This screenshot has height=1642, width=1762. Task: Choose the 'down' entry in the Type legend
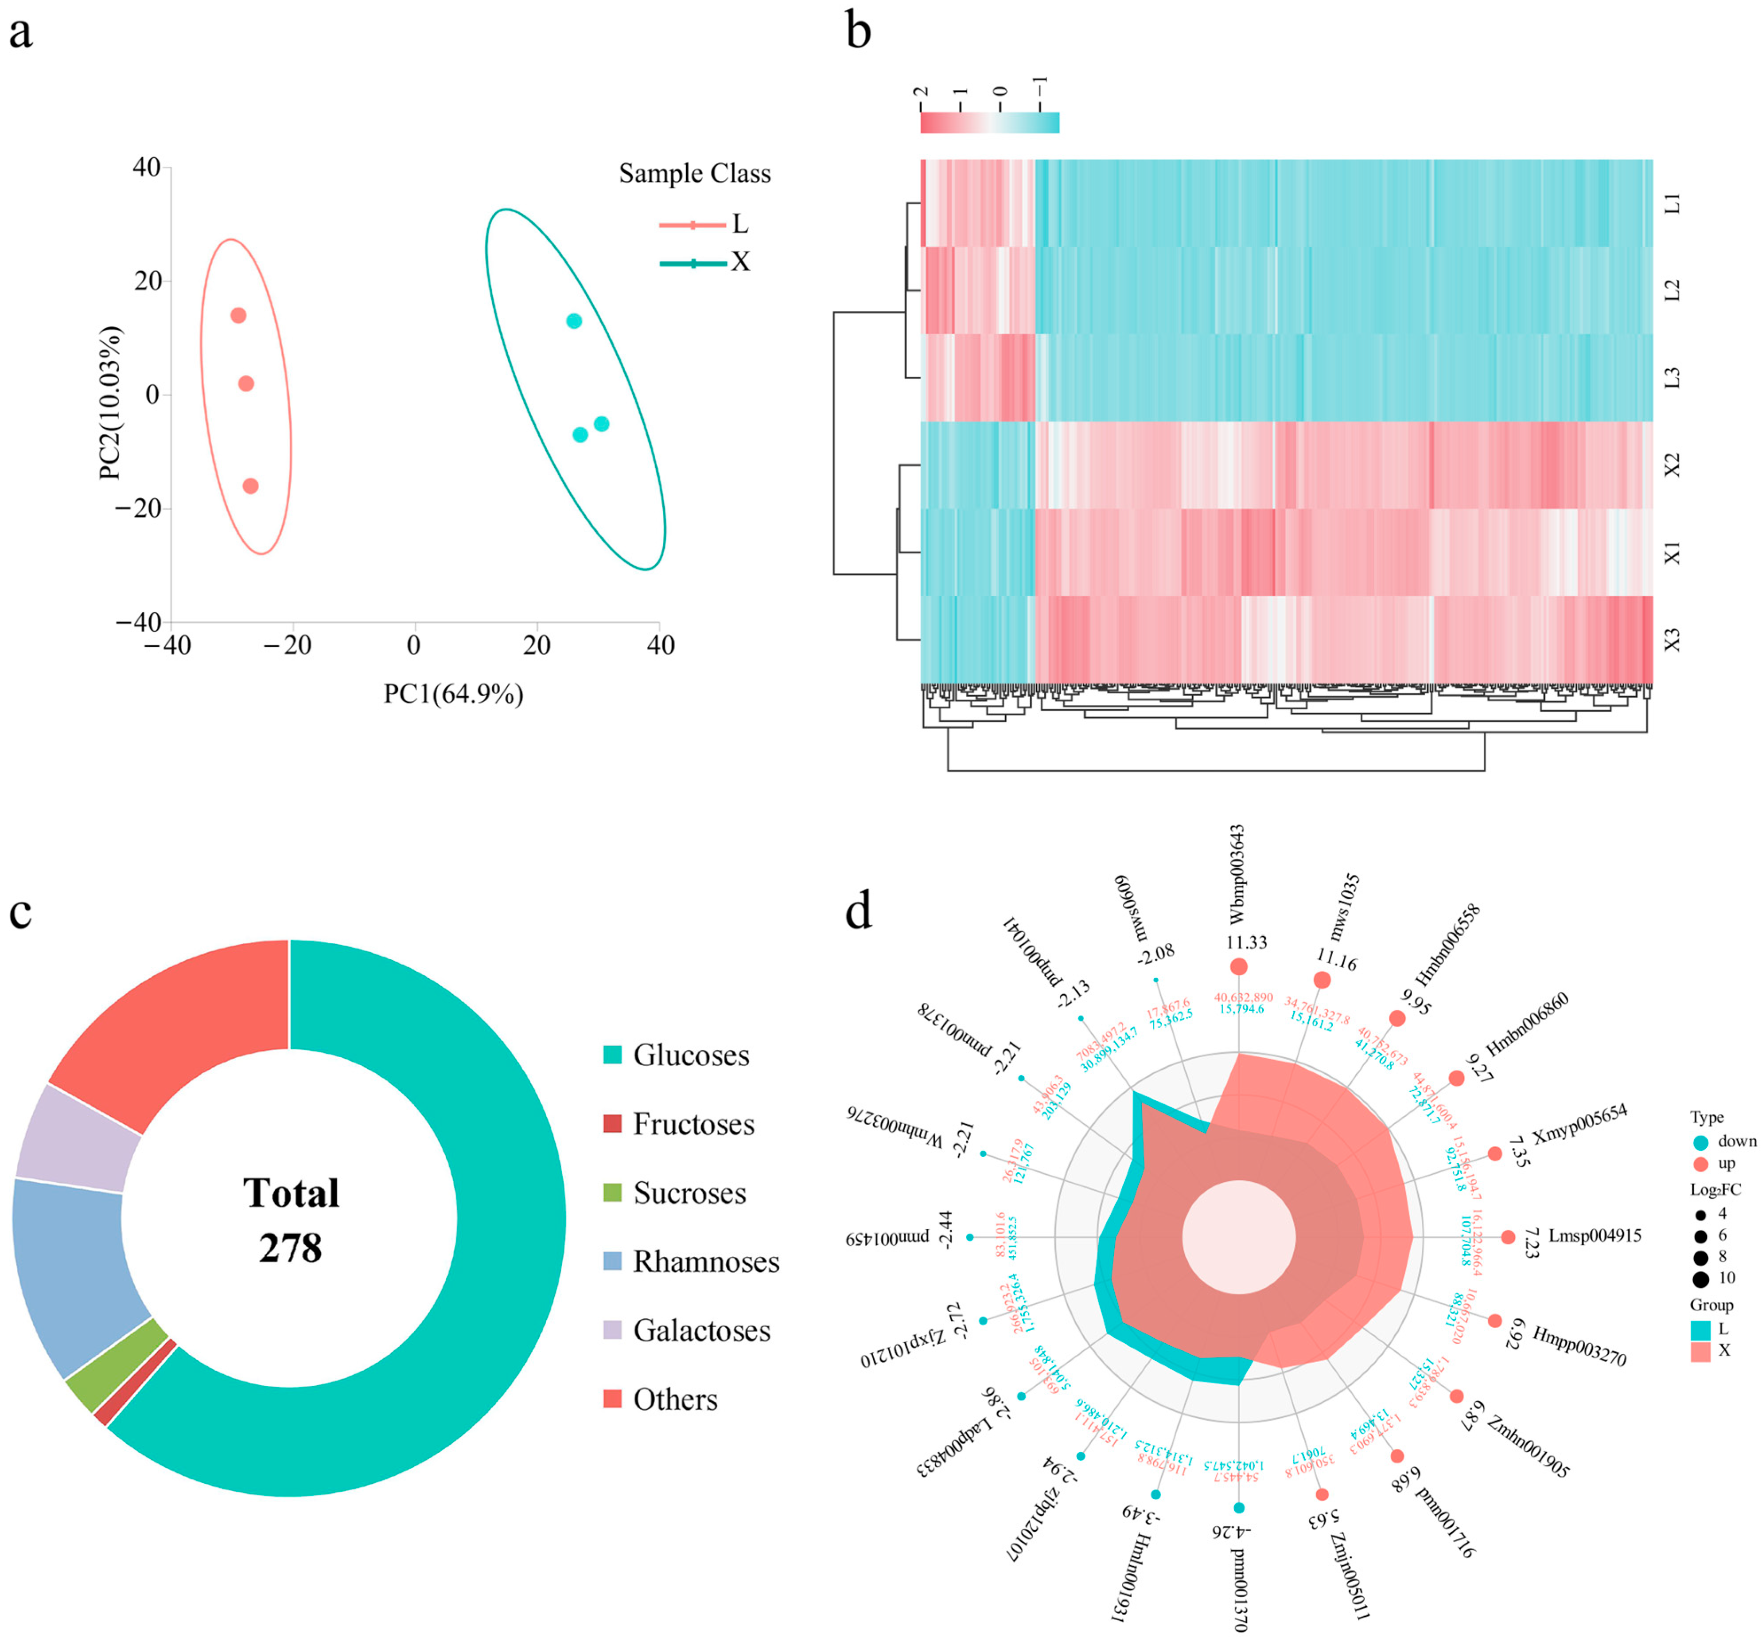click(1723, 1142)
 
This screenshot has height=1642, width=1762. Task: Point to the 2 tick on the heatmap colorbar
click(922, 92)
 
